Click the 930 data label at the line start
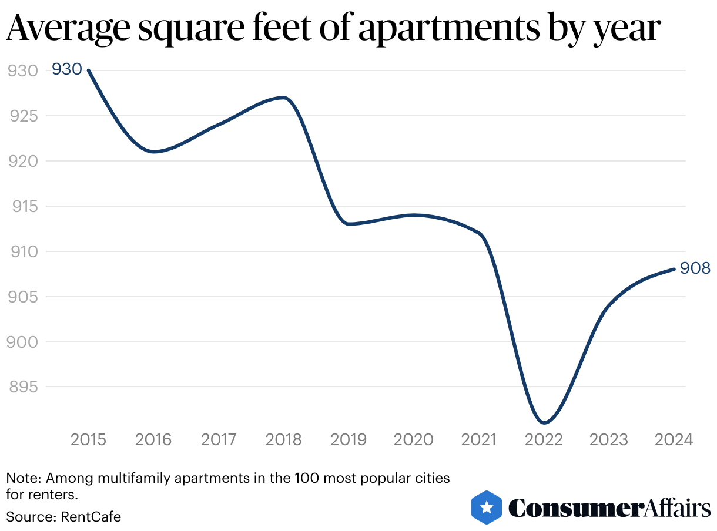pyautogui.click(x=66, y=69)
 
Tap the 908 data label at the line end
pyautogui.click(x=695, y=268)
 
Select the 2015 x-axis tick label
pyautogui.click(x=89, y=439)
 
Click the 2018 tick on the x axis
pyautogui.click(x=283, y=439)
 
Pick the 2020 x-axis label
pyautogui.click(x=414, y=439)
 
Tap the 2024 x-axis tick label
pyautogui.click(x=674, y=439)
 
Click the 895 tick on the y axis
pyautogui.click(x=22, y=387)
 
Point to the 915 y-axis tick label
pyautogui.click(x=22, y=206)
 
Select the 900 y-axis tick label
pyautogui.click(x=22, y=342)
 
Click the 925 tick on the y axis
pyautogui.click(x=22, y=116)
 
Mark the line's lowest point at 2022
pyautogui.click(x=544, y=422)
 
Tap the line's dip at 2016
pyautogui.click(x=154, y=152)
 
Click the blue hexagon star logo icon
pyautogui.click(x=486, y=507)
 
